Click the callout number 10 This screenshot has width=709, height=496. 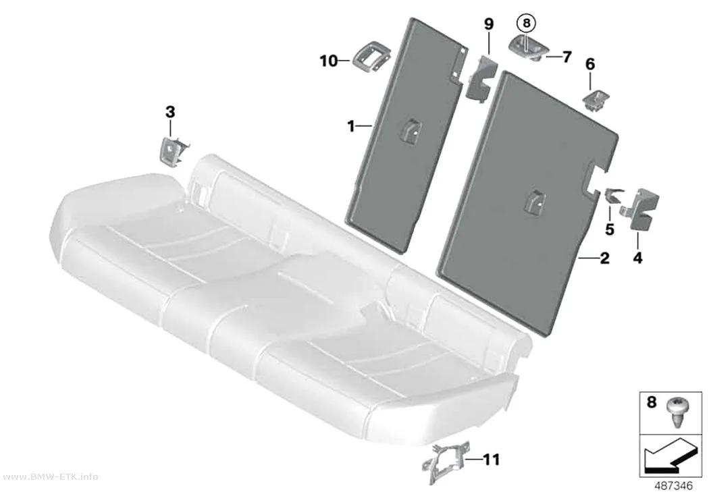click(329, 61)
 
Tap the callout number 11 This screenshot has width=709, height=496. click(491, 460)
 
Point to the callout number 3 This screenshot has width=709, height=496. click(170, 111)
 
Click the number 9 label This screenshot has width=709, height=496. click(489, 24)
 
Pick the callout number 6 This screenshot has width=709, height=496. click(590, 65)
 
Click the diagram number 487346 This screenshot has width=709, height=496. click(673, 486)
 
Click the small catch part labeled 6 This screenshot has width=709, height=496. click(596, 99)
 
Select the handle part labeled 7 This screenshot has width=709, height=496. click(529, 48)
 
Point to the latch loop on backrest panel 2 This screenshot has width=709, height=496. click(535, 201)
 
